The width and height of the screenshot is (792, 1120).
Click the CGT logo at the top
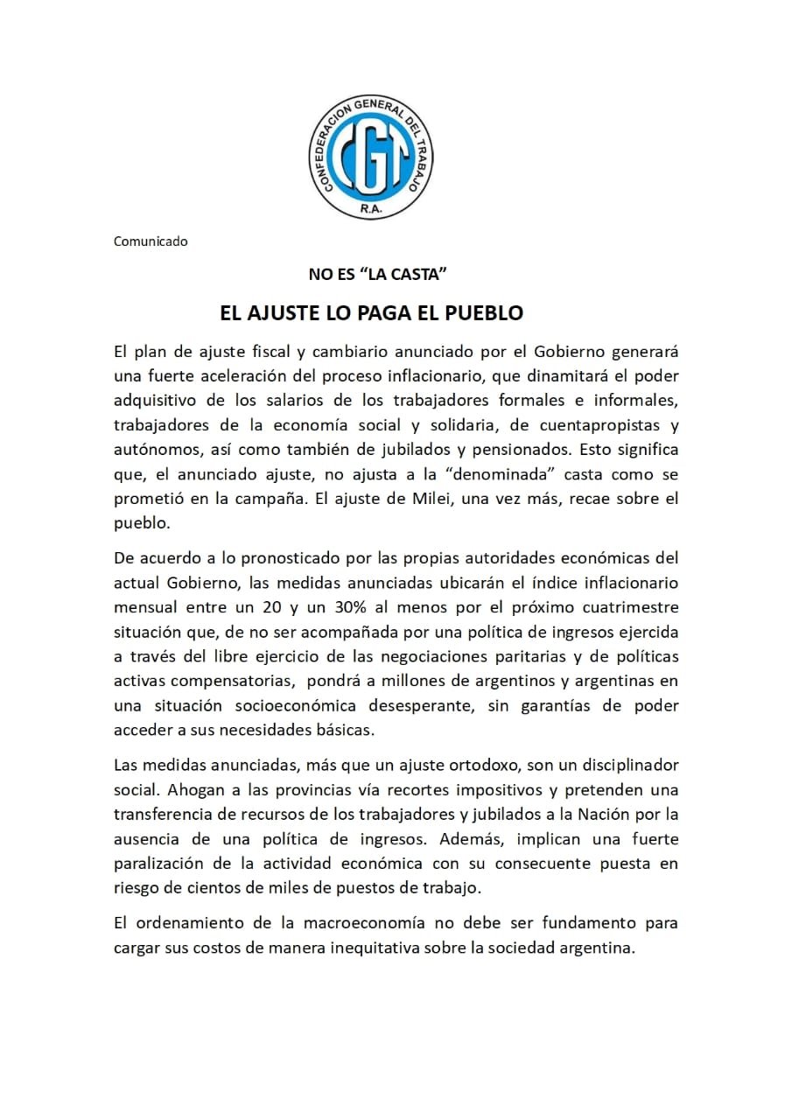tap(377, 157)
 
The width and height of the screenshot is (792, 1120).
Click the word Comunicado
tap(151, 241)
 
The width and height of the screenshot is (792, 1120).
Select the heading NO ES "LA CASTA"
tap(378, 275)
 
